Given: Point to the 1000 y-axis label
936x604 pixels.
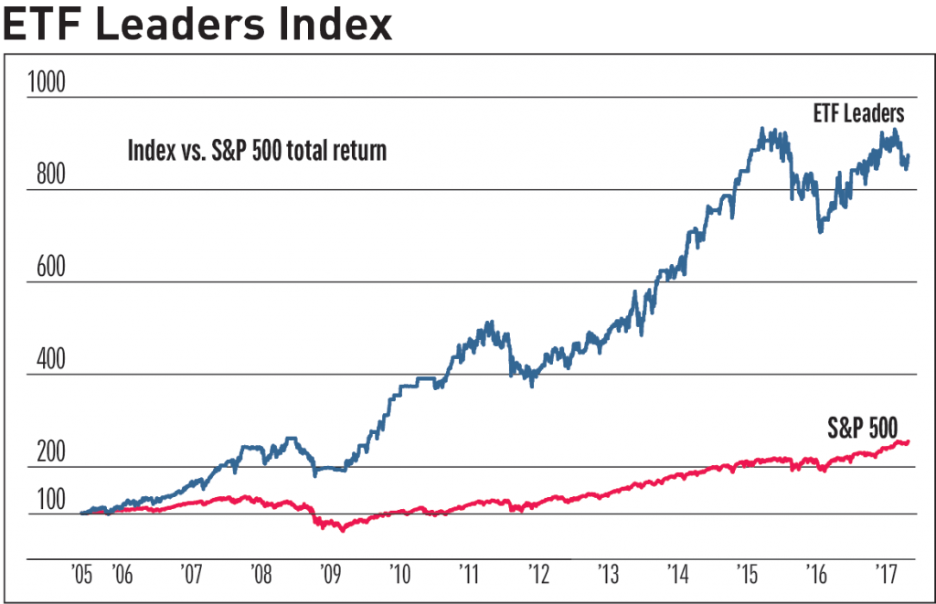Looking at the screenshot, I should click(48, 83).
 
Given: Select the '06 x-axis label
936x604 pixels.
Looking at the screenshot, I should click(122, 576).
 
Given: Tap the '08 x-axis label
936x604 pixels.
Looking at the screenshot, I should click(261, 576).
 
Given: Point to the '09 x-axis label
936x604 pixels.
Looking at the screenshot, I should click(330, 576).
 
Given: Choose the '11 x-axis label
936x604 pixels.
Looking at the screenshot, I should click(468, 576).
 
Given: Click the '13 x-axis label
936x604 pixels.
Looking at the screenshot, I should click(609, 576).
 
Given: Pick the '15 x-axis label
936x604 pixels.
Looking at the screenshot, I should click(748, 576).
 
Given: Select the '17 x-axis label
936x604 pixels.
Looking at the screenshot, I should click(886, 576).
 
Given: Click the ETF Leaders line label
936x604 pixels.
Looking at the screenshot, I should click(858, 114).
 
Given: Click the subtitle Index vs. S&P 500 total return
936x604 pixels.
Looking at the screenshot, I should click(257, 150).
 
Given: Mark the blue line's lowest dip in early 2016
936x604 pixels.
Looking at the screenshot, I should click(820, 232).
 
